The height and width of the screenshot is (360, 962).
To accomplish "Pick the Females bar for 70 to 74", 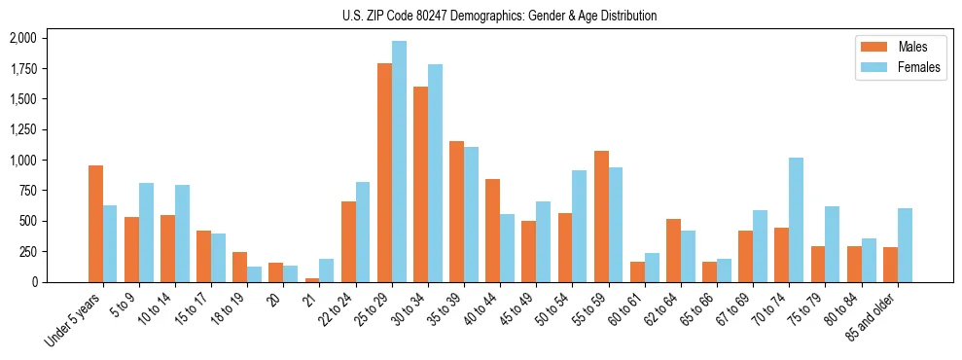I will pos(796,220).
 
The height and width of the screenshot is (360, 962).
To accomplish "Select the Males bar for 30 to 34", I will pos(420,184).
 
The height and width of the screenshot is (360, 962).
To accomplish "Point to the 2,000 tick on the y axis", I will pos(22,38).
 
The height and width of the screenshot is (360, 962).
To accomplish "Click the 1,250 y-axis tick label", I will pos(22,129).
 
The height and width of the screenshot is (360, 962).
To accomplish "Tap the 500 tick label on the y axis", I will pos(28,221).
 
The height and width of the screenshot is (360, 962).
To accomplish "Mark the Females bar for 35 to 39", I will pos(471,214).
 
